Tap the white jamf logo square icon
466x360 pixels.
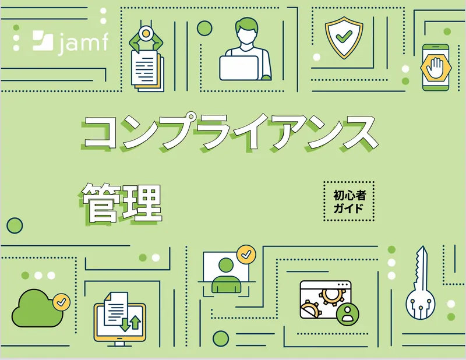[x=43, y=40]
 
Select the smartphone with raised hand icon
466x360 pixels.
[x=436, y=68]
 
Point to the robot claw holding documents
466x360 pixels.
[x=146, y=58]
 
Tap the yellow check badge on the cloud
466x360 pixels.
[x=61, y=302]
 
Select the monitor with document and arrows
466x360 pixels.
[x=119, y=319]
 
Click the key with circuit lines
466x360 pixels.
[x=421, y=285]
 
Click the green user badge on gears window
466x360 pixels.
[x=348, y=313]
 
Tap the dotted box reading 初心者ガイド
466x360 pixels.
[x=348, y=202]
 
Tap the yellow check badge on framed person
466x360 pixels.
[x=246, y=254]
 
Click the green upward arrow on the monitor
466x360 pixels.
[x=135, y=322]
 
